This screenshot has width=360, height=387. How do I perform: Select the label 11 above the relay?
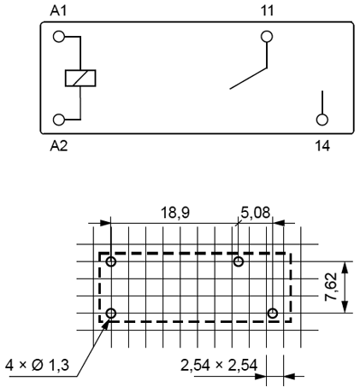[x=268, y=9]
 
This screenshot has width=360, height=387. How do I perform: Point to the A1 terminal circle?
[x=58, y=37]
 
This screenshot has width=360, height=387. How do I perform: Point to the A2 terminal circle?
[x=58, y=120]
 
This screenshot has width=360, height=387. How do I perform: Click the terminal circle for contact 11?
[x=268, y=37]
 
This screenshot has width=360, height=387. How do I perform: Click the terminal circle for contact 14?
[x=322, y=120]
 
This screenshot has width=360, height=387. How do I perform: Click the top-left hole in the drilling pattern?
[x=110, y=261]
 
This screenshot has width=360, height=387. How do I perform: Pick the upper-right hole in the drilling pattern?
[x=238, y=261]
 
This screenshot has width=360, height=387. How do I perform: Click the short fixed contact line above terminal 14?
[x=322, y=100]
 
